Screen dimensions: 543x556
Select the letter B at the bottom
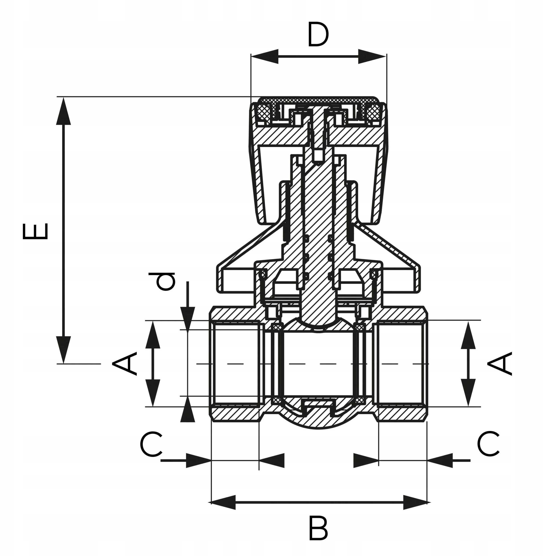pyautogui.click(x=318, y=529)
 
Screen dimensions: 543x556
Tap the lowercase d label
pyautogui.click(x=162, y=281)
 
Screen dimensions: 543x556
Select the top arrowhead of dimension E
pyautogui.click(x=63, y=111)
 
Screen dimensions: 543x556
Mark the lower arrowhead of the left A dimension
pyautogui.click(x=153, y=393)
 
